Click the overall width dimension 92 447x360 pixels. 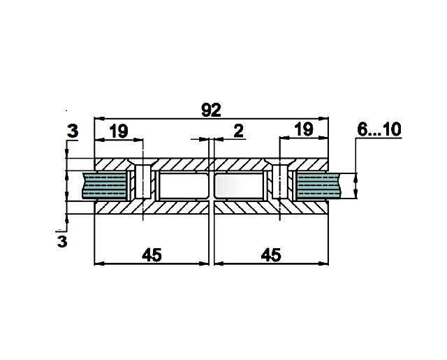coord(211,110)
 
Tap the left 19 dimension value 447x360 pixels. coord(119,131)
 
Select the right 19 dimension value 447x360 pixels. coord(304,129)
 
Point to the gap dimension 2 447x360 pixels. coord(238,131)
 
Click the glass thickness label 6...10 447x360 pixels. coord(379,129)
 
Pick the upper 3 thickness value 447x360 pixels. coord(73,131)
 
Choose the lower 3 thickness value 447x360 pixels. coord(62,241)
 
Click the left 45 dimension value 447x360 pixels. coord(152,254)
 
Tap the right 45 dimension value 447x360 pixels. coord(271,254)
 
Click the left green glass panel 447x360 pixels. coord(104,186)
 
